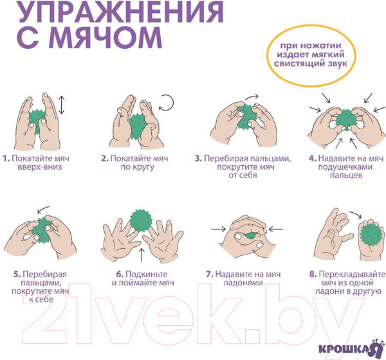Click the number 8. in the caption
[x=312, y=274]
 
